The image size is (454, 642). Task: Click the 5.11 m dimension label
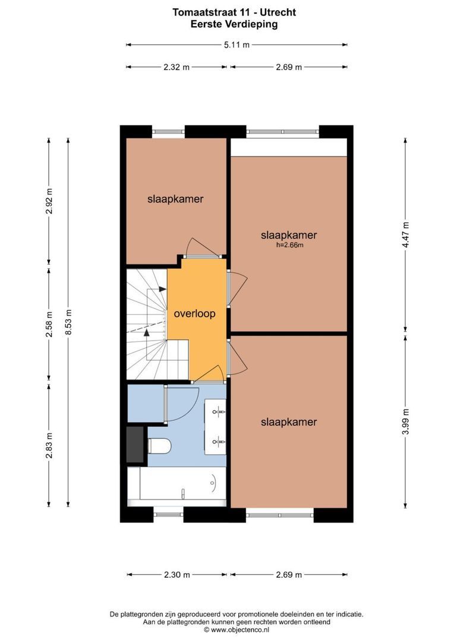[237, 45]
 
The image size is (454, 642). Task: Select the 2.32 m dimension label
[176, 67]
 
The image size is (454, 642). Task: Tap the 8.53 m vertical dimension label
[68, 322]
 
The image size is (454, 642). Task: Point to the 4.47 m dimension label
[405, 235]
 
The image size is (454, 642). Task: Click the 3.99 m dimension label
[405, 421]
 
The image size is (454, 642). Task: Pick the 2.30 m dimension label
[177, 575]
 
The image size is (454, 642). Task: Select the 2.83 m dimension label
[49, 445]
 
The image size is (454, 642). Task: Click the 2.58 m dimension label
[49, 325]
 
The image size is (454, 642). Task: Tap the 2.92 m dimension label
[49, 201]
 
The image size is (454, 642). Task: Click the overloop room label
[194, 314]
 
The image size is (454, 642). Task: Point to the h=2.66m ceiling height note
[289, 246]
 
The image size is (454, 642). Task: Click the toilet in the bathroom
[159, 446]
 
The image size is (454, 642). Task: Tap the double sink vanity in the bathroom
[215, 426]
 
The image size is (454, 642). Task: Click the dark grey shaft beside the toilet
[136, 445]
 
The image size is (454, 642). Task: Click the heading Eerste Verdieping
[234, 24]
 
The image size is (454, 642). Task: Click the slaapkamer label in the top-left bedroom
[176, 199]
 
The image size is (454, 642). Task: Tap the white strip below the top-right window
[289, 147]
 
